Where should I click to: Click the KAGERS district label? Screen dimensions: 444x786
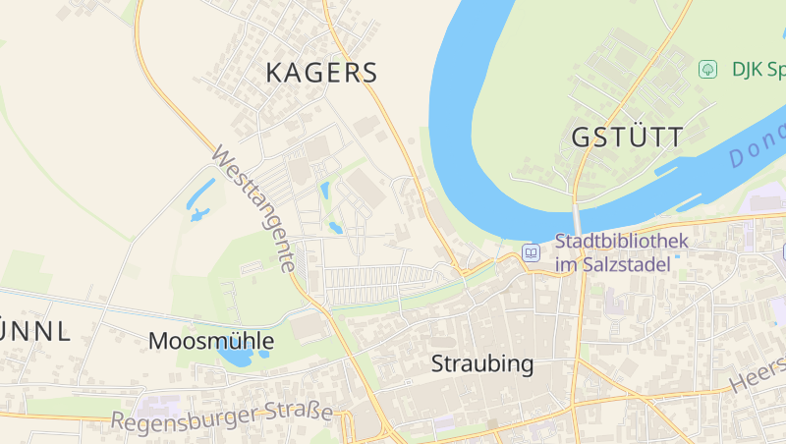click(x=321, y=73)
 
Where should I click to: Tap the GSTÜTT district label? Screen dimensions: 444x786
click(x=627, y=138)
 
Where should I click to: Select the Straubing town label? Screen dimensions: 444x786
click(x=482, y=364)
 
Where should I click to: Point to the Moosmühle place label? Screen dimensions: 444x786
click(x=211, y=341)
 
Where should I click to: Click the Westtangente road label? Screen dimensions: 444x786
click(x=253, y=209)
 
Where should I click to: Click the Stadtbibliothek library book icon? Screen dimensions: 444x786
click(x=532, y=252)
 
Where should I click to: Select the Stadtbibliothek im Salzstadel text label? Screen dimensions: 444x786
click(x=621, y=252)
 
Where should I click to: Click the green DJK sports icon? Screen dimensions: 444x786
click(x=706, y=70)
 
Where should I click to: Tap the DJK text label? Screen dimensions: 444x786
click(x=757, y=70)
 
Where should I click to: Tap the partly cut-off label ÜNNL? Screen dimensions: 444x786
click(x=35, y=332)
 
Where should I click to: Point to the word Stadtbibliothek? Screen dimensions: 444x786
click(x=622, y=241)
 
